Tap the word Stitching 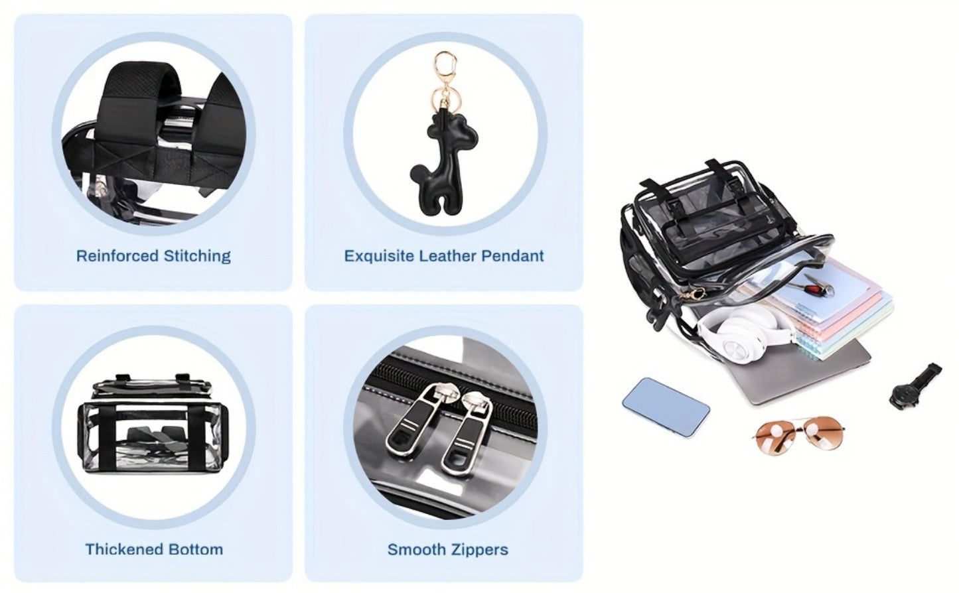[x=197, y=256]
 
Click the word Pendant [x=512, y=256]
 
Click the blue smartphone [x=666, y=408]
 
